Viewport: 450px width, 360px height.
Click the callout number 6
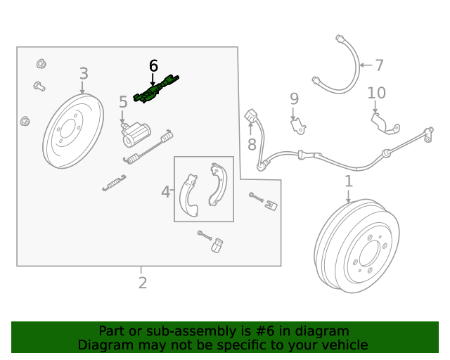click(154, 66)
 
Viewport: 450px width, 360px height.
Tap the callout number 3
click(84, 74)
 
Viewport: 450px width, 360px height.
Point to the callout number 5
click(123, 103)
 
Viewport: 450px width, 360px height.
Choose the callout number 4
click(166, 192)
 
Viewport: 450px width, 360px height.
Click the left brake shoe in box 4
click(188, 194)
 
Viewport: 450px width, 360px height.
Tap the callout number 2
click(142, 283)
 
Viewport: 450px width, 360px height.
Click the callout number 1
click(348, 183)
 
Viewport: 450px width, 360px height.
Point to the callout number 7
click(379, 66)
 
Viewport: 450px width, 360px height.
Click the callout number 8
click(252, 146)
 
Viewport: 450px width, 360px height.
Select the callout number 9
click(294, 99)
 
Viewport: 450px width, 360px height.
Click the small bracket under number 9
click(298, 126)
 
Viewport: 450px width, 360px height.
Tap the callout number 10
click(376, 93)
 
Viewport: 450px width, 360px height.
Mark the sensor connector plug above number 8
click(251, 116)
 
